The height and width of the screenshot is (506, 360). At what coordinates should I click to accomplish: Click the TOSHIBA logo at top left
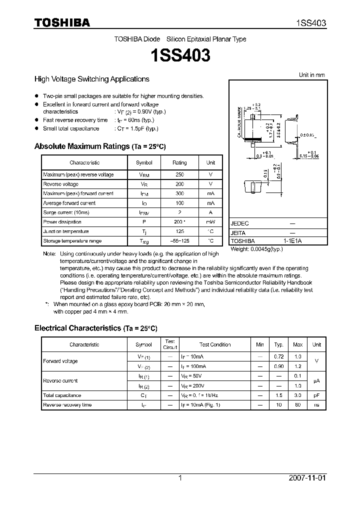pyautogui.click(x=62, y=22)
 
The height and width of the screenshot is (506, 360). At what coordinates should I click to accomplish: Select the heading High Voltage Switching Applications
pyautogui.click(x=91, y=79)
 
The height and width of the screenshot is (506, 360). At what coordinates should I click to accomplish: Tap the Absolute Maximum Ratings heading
pyautogui.click(x=99, y=146)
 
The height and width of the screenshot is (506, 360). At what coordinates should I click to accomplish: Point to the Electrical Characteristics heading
pyautogui.click(x=95, y=328)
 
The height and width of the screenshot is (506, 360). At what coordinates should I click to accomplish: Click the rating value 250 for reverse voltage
pyautogui.click(x=179, y=174)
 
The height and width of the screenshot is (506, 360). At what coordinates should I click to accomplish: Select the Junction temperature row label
pyautogui.click(x=66, y=231)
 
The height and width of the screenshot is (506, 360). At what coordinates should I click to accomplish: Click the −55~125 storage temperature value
pyautogui.click(x=179, y=241)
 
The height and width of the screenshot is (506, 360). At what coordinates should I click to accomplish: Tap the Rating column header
pyautogui.click(x=179, y=162)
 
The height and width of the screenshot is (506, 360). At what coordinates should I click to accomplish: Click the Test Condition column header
pyautogui.click(x=215, y=344)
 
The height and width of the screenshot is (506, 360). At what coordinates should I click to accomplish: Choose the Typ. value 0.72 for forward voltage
pyautogui.click(x=278, y=356)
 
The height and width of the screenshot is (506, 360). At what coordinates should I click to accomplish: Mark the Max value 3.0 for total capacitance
pyautogui.click(x=297, y=395)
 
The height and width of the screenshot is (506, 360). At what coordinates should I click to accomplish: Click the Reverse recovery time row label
pyautogui.click(x=67, y=404)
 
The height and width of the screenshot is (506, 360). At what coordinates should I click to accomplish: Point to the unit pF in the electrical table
pyautogui.click(x=316, y=395)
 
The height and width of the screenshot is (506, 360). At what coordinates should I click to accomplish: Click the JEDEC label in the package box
pyautogui.click(x=240, y=224)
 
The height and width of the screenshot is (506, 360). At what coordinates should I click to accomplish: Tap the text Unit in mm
pyautogui.click(x=311, y=75)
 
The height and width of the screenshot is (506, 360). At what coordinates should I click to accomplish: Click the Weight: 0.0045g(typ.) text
pyautogui.click(x=256, y=248)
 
